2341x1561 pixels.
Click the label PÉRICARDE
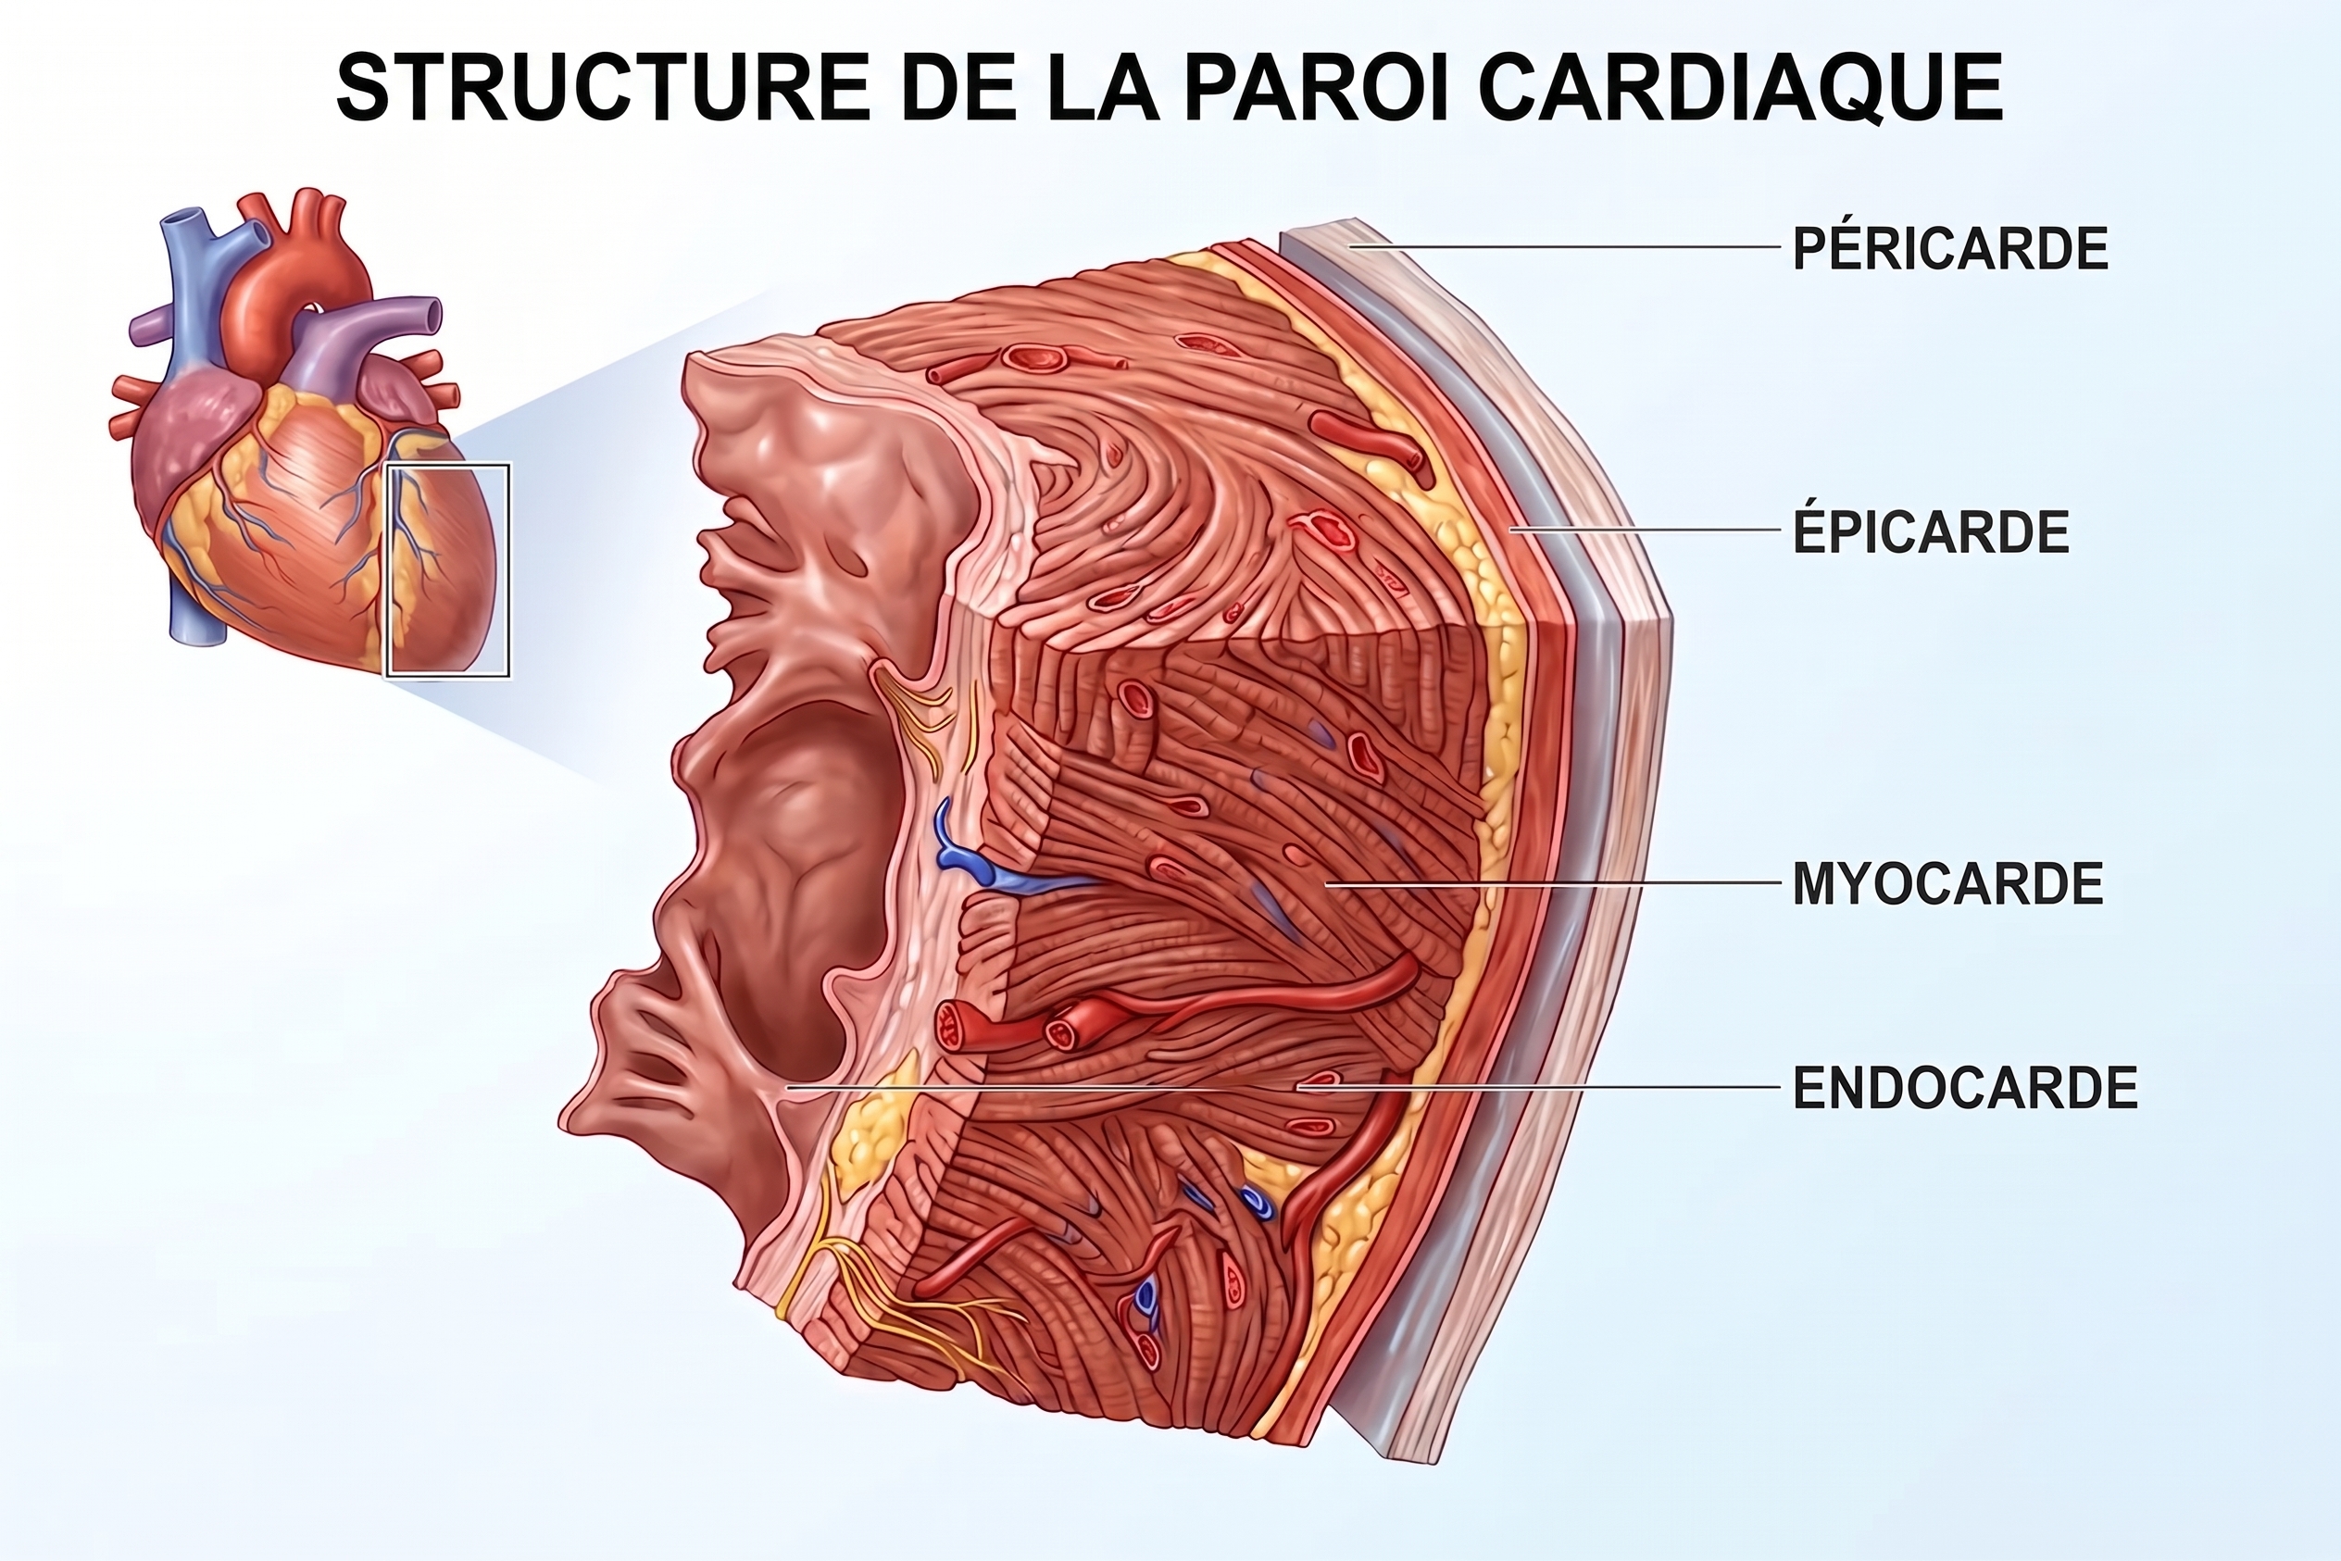click(1949, 249)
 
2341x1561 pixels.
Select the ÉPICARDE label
click(1932, 531)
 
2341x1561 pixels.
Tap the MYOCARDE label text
click(1947, 884)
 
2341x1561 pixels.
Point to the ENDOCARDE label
click(1965, 1088)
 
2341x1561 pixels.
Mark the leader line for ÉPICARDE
click(1643, 530)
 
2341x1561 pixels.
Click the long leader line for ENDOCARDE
click(1282, 1088)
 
